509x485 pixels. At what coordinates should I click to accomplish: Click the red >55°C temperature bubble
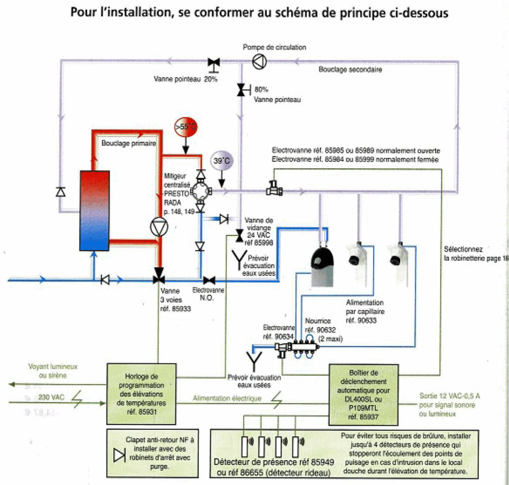coord(184,127)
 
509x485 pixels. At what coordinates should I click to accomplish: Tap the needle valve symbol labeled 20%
coord(214,63)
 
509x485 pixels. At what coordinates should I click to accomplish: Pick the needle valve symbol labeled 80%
coord(241,90)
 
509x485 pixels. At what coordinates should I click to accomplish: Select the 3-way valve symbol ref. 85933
coord(159,275)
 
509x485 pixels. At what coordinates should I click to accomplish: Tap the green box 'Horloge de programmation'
coord(141,393)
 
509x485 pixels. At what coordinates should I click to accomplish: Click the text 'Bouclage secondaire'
coord(350,70)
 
